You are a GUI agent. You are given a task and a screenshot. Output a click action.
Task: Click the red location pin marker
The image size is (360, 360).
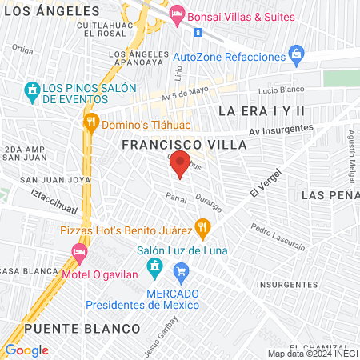180,163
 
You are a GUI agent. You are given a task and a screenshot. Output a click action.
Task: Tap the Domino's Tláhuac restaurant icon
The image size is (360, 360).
91,122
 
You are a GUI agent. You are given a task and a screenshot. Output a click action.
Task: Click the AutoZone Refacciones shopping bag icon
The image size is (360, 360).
297,57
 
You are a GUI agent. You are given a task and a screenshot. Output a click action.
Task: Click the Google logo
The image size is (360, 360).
26,350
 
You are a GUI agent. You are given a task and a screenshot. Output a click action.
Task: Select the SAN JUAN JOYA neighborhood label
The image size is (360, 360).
46,180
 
